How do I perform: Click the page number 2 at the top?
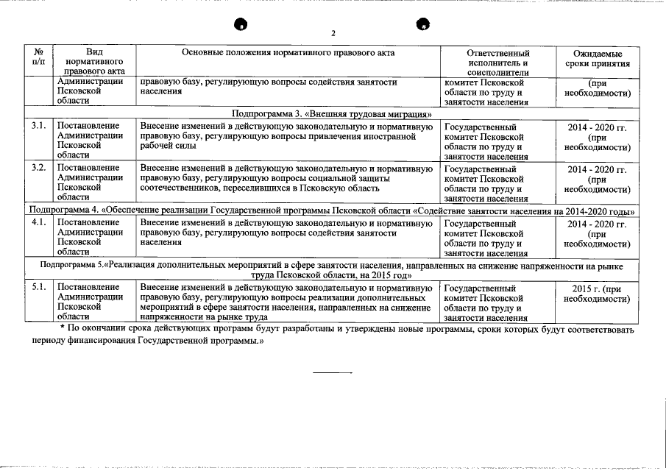coord(333,34)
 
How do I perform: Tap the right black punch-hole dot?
coord(424,24)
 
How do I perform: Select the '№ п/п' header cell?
coord(39,58)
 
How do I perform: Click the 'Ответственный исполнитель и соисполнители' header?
coord(497,63)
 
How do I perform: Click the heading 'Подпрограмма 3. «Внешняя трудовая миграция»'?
coord(331,115)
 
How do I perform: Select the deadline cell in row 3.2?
coord(597,179)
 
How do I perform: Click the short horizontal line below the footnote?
coord(333,373)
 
